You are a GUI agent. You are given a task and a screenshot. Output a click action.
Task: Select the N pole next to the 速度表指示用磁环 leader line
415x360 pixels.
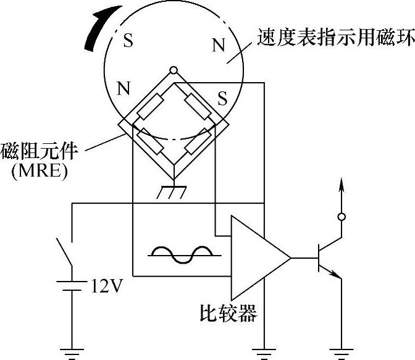tap(218, 44)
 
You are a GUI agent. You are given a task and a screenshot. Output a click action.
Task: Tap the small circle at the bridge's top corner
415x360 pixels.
tap(174, 70)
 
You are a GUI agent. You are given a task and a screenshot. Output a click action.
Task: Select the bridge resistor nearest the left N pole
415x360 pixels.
tap(151, 106)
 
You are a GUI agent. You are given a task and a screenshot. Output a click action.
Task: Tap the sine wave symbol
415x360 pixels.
tap(183, 254)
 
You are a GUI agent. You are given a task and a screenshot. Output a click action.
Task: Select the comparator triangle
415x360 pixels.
tap(256, 256)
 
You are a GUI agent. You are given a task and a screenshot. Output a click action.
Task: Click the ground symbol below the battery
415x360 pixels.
tap(72, 354)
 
